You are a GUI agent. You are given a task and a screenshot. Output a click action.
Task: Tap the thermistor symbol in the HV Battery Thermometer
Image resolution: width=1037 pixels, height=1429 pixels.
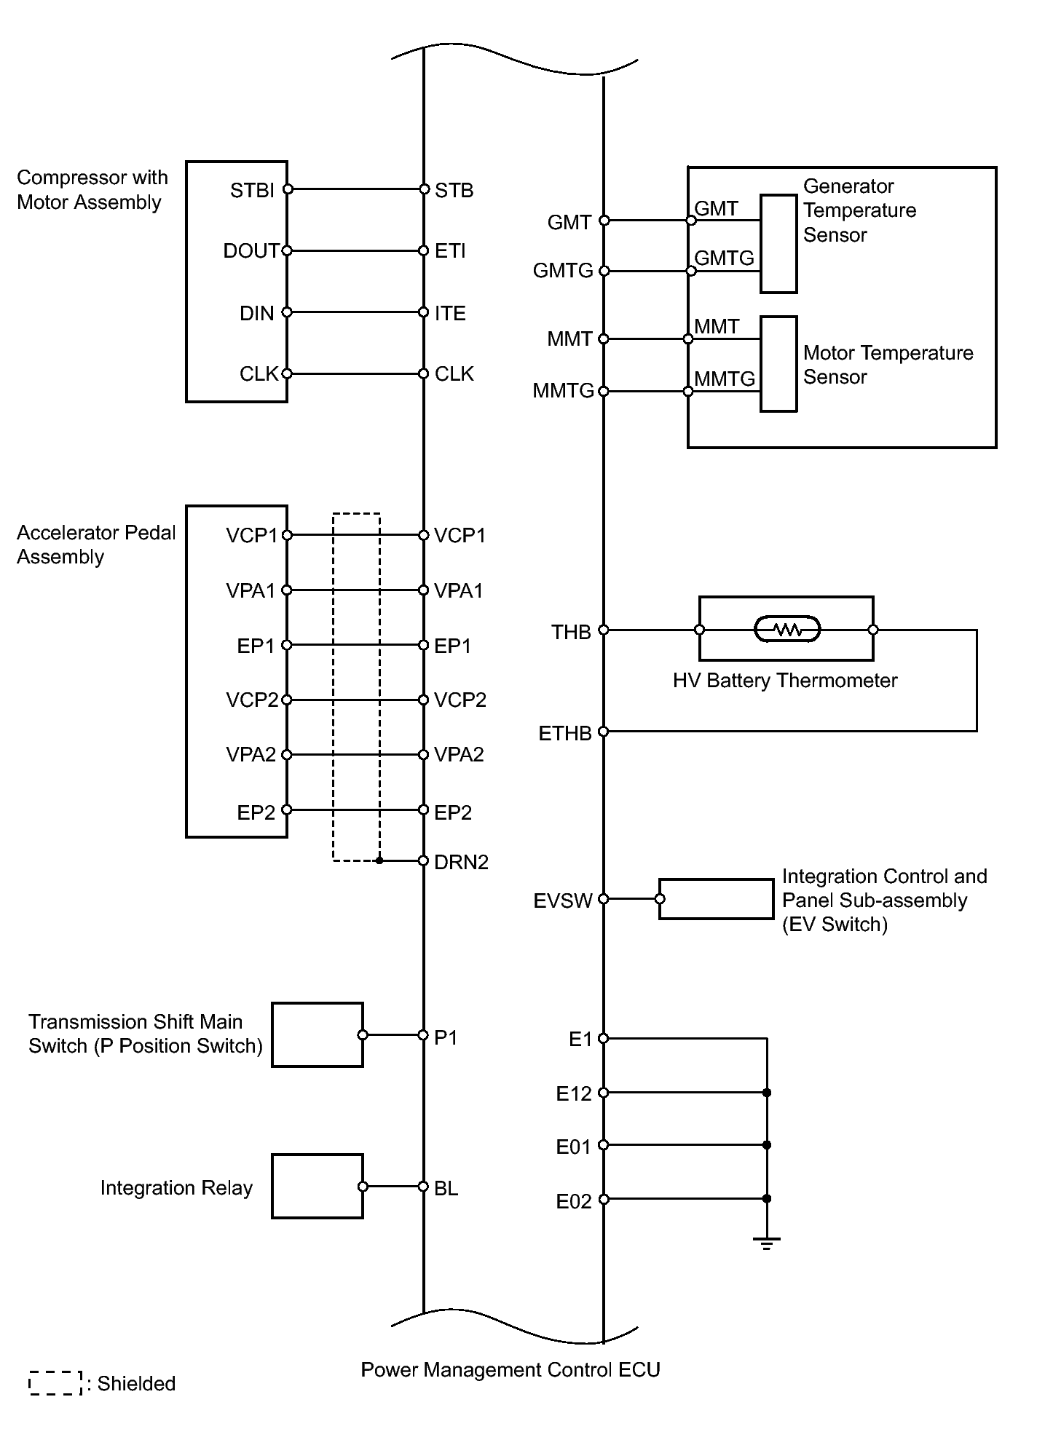pos(787,629)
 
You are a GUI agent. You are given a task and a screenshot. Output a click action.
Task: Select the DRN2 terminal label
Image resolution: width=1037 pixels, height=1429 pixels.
pos(461,862)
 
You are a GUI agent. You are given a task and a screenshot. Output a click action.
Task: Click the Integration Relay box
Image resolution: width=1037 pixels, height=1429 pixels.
pos(318,1186)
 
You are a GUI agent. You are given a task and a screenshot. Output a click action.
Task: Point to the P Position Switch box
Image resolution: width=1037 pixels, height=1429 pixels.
pos(318,1034)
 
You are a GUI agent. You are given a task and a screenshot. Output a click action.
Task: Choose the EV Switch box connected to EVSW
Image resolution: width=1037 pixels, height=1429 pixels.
pos(717,899)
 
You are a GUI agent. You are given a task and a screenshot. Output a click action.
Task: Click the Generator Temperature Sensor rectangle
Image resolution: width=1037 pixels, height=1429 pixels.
pos(778,244)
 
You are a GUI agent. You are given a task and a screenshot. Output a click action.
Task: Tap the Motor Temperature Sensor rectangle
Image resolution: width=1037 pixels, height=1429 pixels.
pos(778,364)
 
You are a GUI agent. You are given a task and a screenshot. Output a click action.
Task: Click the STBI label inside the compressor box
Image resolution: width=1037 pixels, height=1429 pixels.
pos(252,191)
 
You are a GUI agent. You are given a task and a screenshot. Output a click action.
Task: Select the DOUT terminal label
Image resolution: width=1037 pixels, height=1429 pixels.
pos(251,251)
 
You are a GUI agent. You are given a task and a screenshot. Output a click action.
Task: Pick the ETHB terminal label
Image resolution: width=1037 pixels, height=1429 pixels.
pos(565,733)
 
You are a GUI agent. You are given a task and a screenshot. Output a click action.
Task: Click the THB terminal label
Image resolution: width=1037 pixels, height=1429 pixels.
pos(571,632)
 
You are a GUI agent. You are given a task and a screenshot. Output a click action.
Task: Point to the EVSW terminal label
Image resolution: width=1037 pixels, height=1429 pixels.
pos(563,900)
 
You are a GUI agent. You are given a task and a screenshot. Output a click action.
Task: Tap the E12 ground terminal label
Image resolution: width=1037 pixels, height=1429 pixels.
pos(574,1093)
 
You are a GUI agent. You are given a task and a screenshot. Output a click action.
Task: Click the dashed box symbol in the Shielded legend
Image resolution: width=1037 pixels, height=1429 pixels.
pos(55,1383)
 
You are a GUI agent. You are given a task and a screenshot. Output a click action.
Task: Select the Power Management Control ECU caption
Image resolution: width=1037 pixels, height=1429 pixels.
pos(510,1370)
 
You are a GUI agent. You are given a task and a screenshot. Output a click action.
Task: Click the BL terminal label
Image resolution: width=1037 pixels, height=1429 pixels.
pos(446,1189)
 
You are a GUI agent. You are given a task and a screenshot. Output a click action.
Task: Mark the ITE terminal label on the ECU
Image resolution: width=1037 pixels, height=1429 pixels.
pos(450,313)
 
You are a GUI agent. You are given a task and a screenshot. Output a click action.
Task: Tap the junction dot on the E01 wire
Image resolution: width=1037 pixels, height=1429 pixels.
pos(766,1145)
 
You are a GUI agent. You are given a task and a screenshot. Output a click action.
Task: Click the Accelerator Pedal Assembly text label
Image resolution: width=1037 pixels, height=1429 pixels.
pos(96,545)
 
